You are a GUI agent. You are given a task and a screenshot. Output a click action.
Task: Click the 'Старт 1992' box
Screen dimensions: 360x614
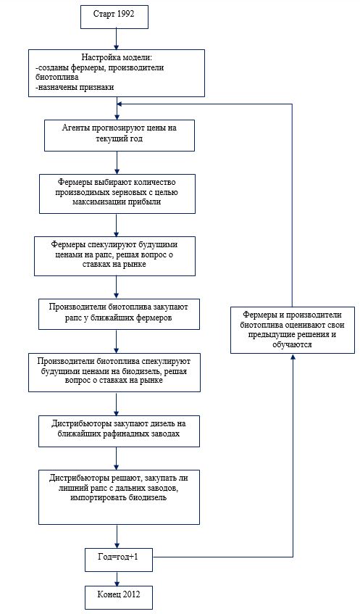pyautogui.click(x=114, y=16)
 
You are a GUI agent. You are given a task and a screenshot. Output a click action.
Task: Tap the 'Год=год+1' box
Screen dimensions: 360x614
pyautogui.click(x=119, y=557)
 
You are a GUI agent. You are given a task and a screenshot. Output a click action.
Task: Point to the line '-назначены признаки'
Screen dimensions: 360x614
pyautogui.click(x=75, y=87)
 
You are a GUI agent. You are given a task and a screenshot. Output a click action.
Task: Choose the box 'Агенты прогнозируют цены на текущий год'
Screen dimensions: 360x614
pyautogui.click(x=120, y=135)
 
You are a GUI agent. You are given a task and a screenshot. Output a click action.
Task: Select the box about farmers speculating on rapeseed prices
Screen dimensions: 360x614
pyautogui.click(x=114, y=256)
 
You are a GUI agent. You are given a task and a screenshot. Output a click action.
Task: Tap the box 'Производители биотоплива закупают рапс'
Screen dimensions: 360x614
pyautogui.click(x=119, y=314)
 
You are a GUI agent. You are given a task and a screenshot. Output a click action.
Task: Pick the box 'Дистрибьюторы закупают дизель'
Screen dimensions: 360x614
pyautogui.click(x=119, y=431)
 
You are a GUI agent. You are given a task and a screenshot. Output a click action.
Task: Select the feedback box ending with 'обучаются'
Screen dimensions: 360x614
pyautogui.click(x=293, y=330)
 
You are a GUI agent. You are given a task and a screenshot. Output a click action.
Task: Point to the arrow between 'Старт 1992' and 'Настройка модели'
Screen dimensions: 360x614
pyautogui.click(x=117, y=38)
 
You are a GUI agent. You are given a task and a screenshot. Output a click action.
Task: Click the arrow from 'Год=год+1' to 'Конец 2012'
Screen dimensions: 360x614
pyautogui.click(x=117, y=578)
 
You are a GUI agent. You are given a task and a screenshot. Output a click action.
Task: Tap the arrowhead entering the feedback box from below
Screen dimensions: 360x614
pyautogui.click(x=293, y=357)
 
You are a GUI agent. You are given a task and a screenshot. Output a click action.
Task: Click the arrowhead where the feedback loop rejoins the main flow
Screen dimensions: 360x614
pyautogui.click(x=120, y=104)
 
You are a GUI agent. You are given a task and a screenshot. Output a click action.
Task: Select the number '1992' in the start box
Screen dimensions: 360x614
pyautogui.click(x=125, y=14)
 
